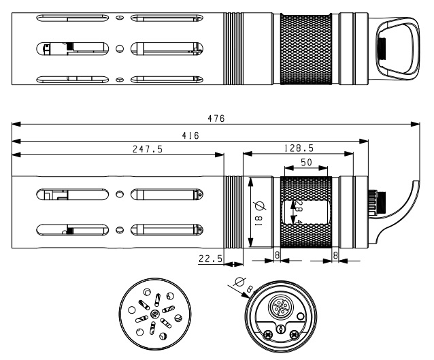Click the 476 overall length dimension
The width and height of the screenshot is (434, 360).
click(217, 118)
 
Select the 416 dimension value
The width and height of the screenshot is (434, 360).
click(190, 135)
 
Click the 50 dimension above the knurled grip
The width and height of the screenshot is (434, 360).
click(305, 163)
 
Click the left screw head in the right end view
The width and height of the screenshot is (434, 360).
click(267, 333)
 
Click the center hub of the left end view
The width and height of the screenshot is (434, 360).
click(155, 313)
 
